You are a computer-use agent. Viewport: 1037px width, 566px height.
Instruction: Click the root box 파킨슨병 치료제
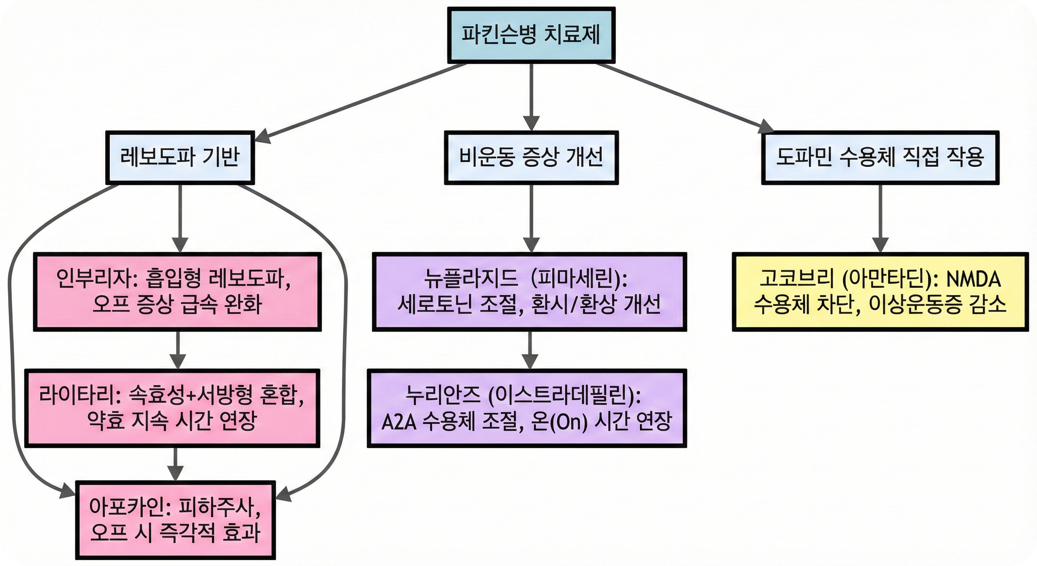click(x=531, y=35)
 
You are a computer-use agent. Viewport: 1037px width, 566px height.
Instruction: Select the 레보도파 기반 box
click(x=180, y=157)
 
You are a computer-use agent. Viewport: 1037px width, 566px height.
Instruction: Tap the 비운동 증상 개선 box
click(x=531, y=157)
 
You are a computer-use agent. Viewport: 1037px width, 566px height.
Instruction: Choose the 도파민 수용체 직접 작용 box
click(x=880, y=157)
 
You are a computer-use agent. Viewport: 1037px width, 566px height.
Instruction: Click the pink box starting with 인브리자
click(x=177, y=292)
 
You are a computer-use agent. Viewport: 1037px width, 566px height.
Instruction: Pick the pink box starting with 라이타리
click(x=172, y=408)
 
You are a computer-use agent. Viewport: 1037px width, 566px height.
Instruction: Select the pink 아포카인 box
click(x=176, y=520)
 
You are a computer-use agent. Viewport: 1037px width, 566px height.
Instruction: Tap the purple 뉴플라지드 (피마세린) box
click(x=529, y=292)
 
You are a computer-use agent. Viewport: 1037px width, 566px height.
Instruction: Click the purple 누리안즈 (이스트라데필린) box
click(x=527, y=408)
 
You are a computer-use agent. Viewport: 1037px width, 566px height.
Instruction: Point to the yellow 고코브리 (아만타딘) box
click(x=880, y=292)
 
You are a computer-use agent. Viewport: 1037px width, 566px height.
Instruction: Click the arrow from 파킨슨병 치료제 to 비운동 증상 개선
click(x=531, y=97)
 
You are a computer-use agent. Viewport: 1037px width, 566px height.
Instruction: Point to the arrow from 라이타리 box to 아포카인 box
click(x=175, y=463)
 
